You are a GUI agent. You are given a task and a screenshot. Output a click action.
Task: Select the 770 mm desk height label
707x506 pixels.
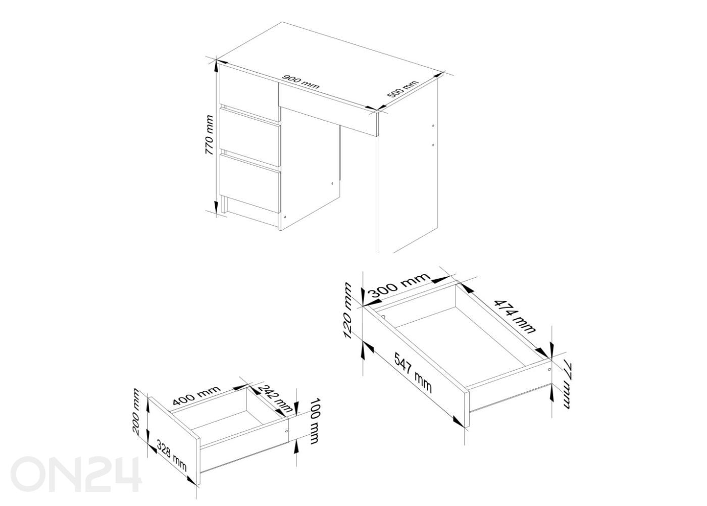click(209, 135)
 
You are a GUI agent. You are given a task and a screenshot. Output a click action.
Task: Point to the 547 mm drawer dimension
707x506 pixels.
click(413, 377)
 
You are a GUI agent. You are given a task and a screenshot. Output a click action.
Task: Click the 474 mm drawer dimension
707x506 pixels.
click(514, 317)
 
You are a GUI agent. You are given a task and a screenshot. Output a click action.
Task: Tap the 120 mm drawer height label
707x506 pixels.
click(347, 311)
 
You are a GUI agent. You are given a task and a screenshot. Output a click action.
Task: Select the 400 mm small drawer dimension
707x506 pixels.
click(196, 396)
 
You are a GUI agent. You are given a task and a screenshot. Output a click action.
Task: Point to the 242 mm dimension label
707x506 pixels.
click(274, 398)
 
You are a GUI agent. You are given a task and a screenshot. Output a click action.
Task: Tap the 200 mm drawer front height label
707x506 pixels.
click(135, 412)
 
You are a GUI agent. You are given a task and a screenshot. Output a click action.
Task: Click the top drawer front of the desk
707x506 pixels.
click(249, 89)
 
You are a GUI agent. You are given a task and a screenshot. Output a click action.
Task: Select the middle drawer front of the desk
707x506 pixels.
click(250, 137)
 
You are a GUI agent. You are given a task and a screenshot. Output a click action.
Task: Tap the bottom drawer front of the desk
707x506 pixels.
click(250, 183)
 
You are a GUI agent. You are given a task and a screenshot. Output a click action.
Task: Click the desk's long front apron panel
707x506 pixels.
click(328, 109)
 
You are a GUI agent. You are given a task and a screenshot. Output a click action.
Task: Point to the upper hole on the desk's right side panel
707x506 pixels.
click(433, 126)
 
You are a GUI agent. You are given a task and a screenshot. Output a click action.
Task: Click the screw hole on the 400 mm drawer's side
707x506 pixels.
click(287, 431)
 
